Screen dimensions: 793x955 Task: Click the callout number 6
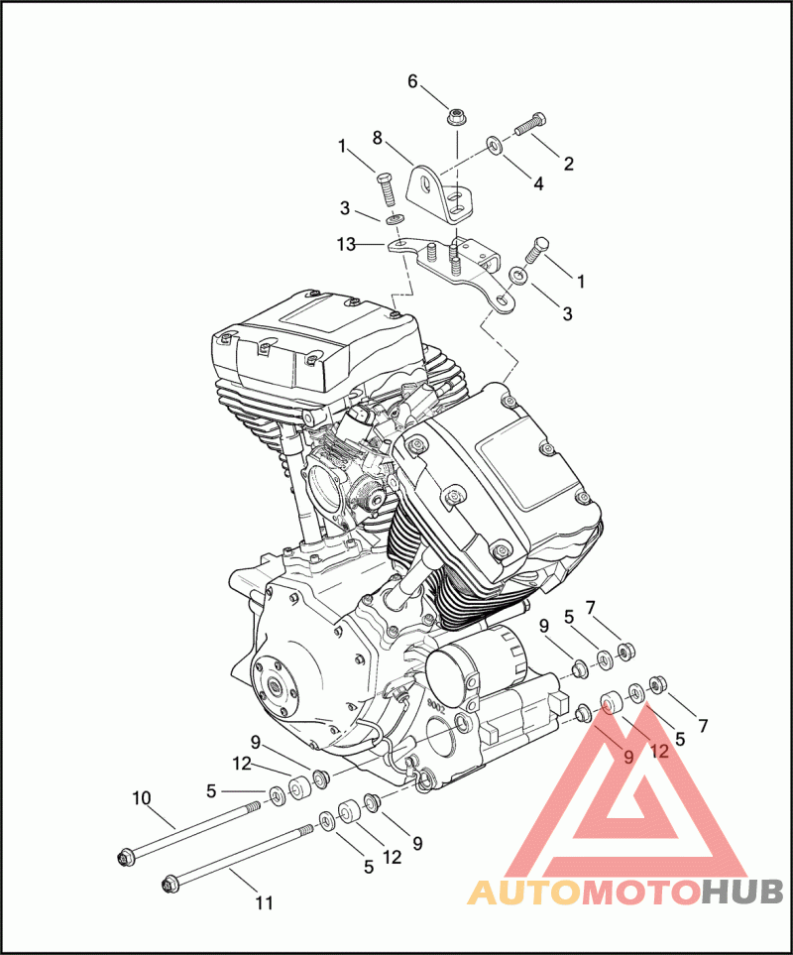click(412, 81)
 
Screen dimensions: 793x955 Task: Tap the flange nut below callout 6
click(456, 116)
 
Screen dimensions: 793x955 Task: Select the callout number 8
click(378, 138)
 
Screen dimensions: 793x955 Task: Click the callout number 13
click(346, 244)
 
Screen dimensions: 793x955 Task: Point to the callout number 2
click(568, 164)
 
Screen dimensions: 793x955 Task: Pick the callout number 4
click(538, 183)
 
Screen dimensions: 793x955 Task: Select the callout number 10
click(141, 798)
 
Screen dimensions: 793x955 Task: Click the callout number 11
click(264, 902)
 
